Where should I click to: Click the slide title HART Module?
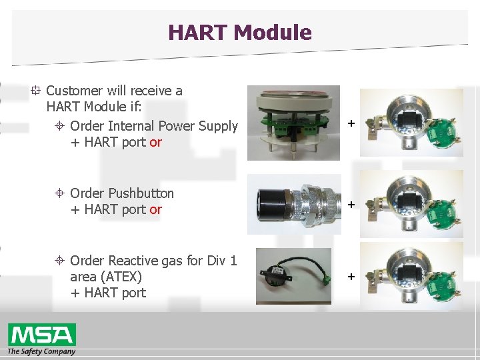[x=239, y=32]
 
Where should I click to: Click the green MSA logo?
[x=41, y=334]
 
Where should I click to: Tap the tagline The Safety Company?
[x=41, y=351]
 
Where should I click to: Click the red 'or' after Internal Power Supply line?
[x=155, y=142]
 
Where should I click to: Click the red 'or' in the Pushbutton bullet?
[x=155, y=209]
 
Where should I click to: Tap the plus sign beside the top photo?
[x=351, y=124]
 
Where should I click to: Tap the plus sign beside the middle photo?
[x=351, y=205]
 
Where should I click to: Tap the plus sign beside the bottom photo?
[x=351, y=276]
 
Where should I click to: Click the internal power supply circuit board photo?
[x=293, y=123]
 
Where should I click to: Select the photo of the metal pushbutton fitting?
[x=293, y=205]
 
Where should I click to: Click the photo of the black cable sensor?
[x=293, y=276]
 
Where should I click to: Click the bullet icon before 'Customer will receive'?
[x=36, y=91]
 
